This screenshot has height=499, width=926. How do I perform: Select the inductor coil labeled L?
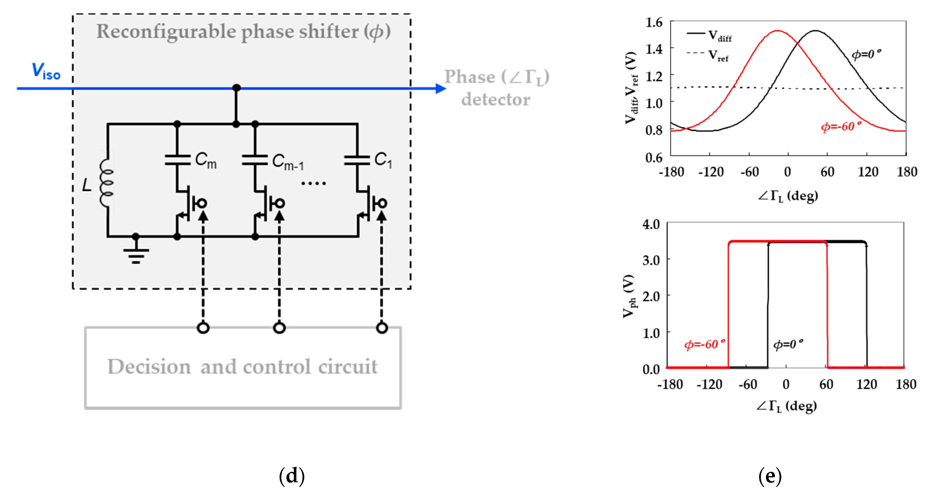106,183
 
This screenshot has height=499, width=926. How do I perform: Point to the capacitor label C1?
383,160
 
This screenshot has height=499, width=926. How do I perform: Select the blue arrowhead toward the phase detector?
440,88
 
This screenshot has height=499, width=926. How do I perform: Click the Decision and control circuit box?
243,367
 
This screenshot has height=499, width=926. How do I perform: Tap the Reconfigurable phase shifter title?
243,32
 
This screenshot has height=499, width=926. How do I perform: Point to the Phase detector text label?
496,88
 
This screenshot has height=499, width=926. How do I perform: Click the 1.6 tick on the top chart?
654,23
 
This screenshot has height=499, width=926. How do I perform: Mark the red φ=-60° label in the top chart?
841,126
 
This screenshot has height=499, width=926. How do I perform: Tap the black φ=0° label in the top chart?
866,54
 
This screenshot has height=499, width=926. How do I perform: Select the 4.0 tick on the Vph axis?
651,224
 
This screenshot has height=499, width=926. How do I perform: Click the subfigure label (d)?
292,476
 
